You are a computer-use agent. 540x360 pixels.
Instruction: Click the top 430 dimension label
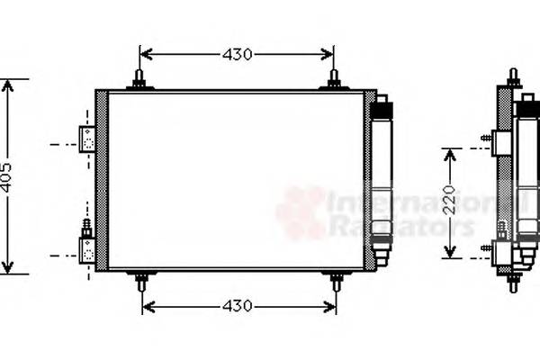[237, 55]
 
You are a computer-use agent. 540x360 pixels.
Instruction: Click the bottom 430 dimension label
[238, 306]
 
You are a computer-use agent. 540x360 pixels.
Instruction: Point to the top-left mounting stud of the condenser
[139, 79]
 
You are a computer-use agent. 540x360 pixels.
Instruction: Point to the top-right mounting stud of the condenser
[334, 79]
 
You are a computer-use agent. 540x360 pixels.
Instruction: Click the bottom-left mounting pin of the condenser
[141, 281]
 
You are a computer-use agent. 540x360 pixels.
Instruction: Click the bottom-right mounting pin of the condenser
[336, 281]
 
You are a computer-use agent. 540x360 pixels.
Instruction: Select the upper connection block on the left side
[88, 139]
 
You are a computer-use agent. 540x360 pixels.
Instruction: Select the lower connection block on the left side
[87, 248]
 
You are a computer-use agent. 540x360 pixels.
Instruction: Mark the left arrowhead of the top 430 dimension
[145, 55]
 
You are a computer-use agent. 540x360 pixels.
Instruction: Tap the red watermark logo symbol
[301, 213]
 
